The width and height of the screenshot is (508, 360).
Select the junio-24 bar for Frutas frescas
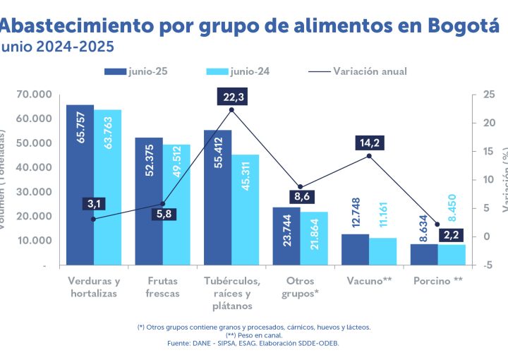(x=176, y=205)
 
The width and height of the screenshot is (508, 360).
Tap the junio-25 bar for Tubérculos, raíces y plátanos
(x=217, y=198)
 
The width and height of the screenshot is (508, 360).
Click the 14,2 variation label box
(x=369, y=143)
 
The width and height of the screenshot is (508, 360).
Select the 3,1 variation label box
(x=93, y=205)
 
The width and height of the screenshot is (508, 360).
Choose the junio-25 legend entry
(x=135, y=71)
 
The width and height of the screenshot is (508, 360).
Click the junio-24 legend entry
(x=238, y=71)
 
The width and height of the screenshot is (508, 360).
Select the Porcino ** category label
(x=437, y=281)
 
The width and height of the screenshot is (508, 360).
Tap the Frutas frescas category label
(x=162, y=287)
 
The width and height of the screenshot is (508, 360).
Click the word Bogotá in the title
(x=464, y=26)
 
